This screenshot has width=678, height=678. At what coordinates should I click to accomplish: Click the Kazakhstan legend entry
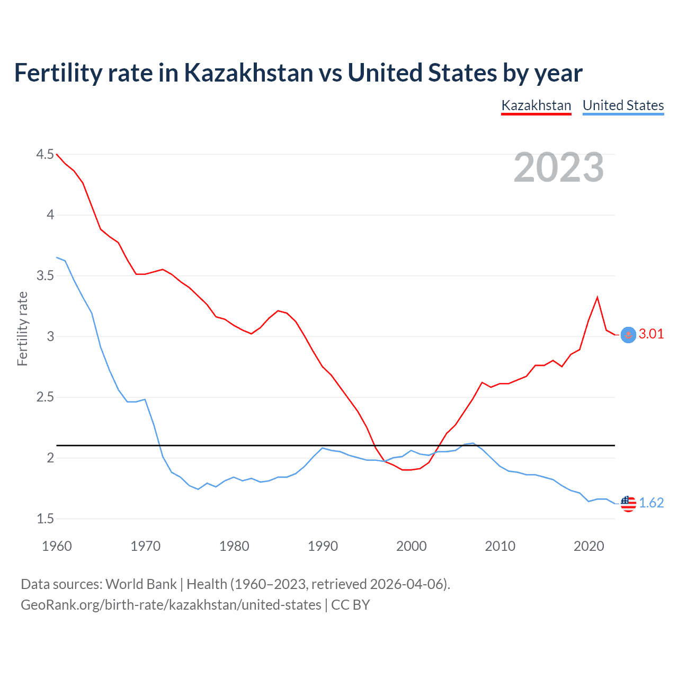tap(536, 105)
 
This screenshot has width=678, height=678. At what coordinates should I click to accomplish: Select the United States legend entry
tap(623, 105)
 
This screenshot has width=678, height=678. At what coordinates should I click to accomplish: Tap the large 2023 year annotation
tap(559, 167)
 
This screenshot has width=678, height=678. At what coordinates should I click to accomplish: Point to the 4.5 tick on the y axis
tap(45, 154)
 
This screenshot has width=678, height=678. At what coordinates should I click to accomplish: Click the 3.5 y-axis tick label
tap(45, 275)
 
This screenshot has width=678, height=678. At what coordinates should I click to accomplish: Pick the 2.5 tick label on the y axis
tap(45, 397)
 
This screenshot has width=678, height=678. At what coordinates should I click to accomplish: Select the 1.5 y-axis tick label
tap(45, 519)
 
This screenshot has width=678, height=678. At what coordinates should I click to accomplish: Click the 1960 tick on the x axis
tap(57, 546)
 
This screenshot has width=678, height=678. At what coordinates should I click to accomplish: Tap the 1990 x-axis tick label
tap(323, 546)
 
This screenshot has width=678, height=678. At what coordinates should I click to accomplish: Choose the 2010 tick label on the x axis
tap(500, 546)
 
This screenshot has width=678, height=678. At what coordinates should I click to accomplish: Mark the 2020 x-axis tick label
tap(588, 546)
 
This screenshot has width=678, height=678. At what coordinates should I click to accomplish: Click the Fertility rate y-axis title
tap(22, 328)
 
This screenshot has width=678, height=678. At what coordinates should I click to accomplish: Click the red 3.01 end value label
tap(651, 334)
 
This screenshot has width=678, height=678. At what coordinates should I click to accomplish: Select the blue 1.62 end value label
tap(651, 503)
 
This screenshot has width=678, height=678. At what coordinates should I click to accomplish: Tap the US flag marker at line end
tap(628, 504)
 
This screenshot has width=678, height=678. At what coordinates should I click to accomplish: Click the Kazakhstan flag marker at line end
tap(628, 335)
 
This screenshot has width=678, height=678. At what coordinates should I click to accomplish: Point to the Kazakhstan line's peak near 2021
tap(597, 297)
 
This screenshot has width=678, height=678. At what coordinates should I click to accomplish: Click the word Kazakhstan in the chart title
tap(248, 73)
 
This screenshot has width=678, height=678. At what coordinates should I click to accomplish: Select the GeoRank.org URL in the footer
tap(171, 605)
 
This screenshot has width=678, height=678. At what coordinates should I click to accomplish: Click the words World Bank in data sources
tap(141, 584)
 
